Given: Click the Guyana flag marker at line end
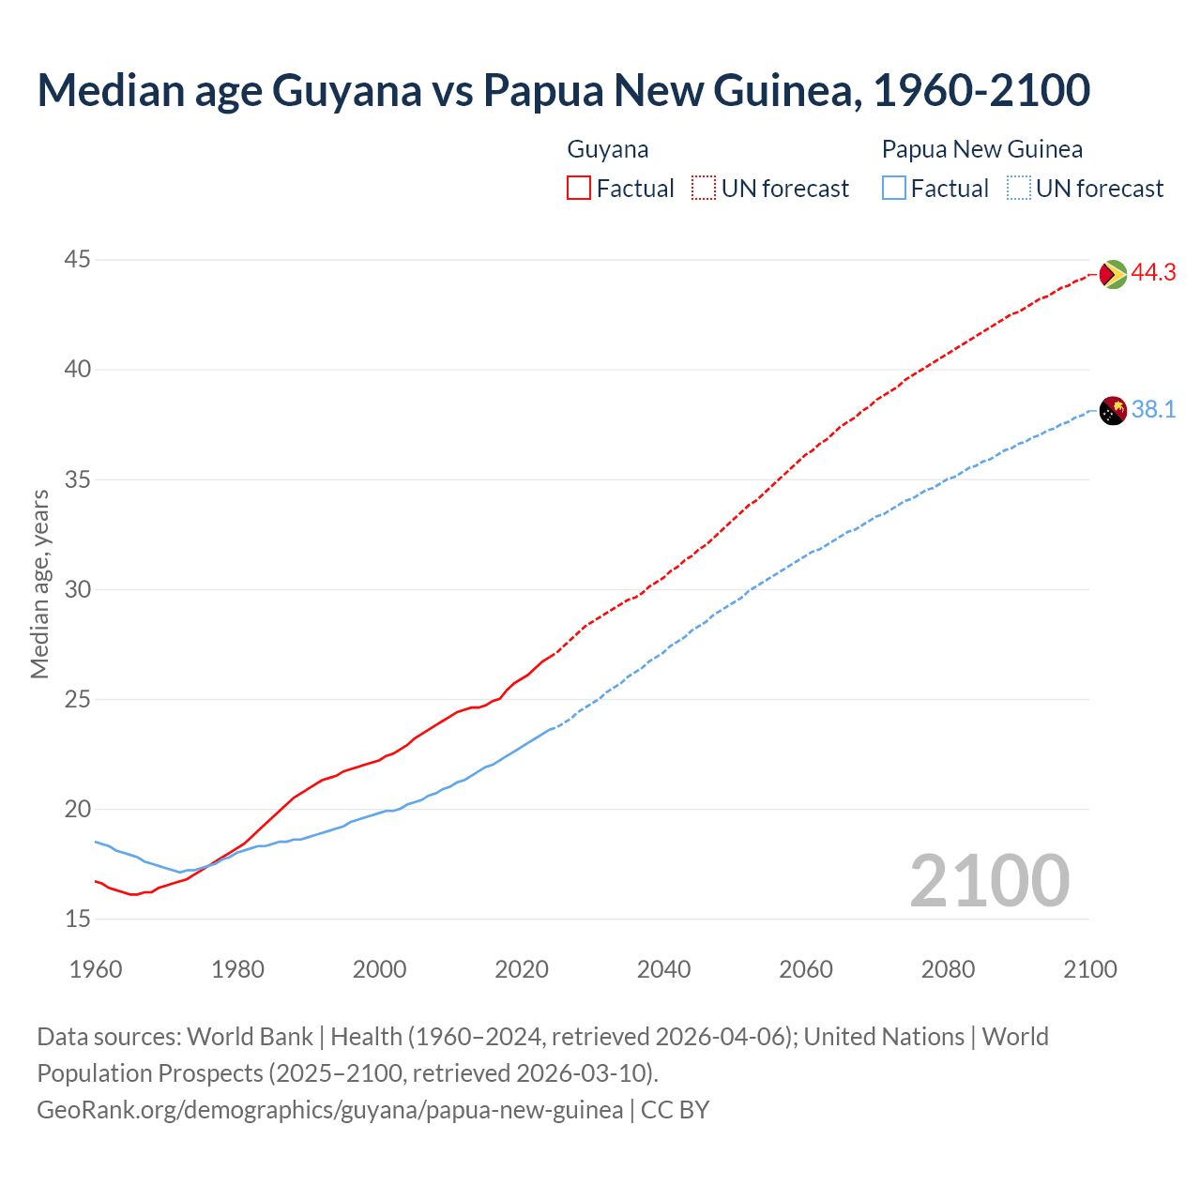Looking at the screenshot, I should coord(1112,274).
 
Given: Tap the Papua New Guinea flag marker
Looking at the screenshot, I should coord(1112,410).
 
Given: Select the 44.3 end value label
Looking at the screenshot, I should coord(1153,273).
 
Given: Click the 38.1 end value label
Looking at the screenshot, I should coord(1153,410).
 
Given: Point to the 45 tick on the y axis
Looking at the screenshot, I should coord(78,259).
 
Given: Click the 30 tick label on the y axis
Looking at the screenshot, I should coord(78,589).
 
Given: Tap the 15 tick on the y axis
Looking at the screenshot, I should coord(78,919).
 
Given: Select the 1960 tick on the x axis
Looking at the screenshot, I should coord(96,969).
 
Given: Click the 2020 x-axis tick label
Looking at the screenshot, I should coord(522,969).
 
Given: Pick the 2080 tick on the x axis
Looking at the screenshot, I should coord(948,969).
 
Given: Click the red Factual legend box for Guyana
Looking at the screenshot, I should coord(579,189).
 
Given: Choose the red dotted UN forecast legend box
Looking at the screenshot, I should coord(704,189).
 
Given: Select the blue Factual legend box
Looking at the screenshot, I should coord(894,189).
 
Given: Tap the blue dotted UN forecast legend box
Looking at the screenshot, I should coord(1019,189).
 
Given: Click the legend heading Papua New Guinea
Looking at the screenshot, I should coord(981,149).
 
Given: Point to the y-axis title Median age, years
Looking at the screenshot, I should coord(39,584).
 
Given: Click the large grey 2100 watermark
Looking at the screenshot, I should coord(989,881).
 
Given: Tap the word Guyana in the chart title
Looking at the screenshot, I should coord(347,90).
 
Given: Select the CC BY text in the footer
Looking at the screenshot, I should coord(675,1110).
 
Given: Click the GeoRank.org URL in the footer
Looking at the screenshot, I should coord(329,1110).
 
